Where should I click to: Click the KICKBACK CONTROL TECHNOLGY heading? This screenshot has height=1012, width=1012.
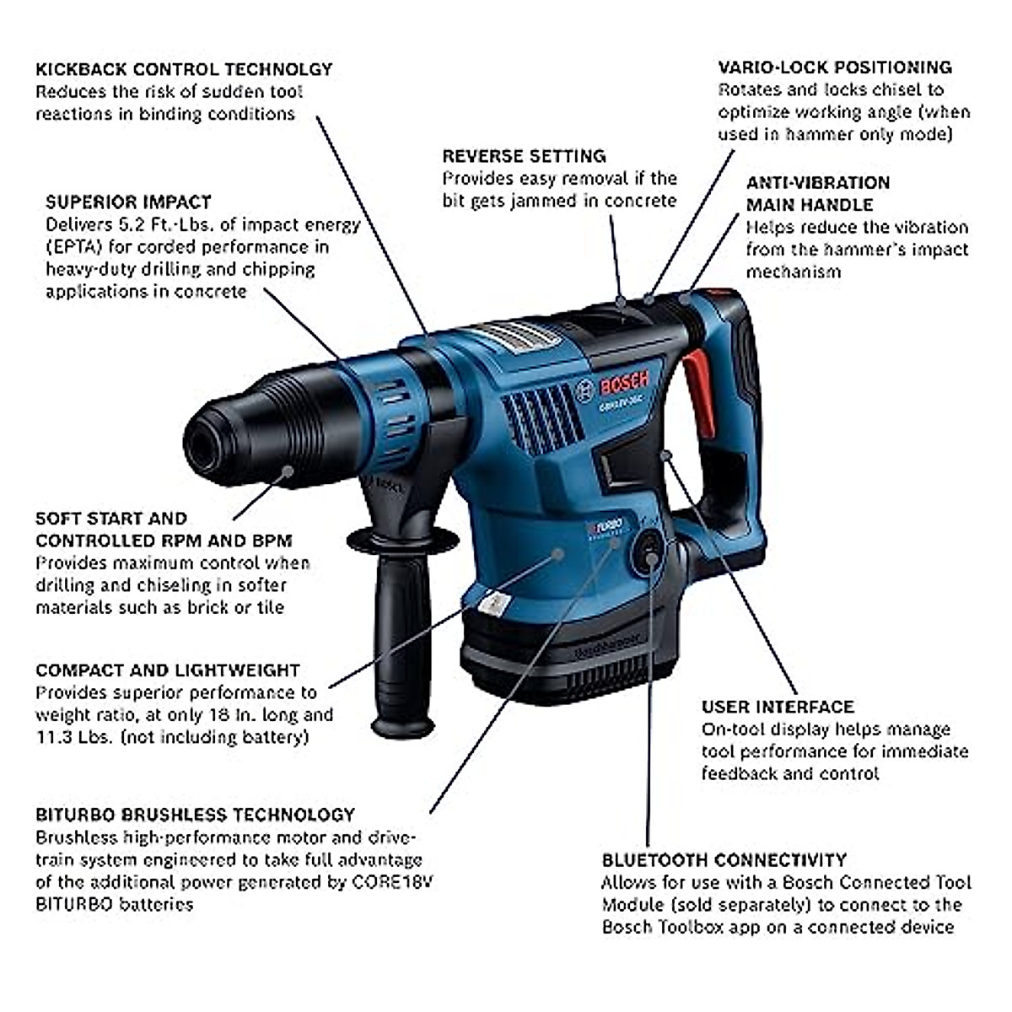[184, 69]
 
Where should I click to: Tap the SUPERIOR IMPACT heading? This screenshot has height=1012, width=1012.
[128, 202]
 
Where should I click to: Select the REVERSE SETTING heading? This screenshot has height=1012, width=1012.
[524, 156]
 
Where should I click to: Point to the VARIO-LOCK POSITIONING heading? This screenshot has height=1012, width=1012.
[834, 67]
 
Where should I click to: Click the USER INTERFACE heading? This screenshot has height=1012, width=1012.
[778, 707]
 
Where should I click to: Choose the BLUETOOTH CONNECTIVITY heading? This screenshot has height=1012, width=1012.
[724, 860]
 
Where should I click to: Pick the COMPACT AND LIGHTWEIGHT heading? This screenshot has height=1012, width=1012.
[168, 670]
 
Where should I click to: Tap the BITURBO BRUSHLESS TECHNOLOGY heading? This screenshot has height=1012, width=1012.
[195, 815]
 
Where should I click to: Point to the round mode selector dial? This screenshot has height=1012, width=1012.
[649, 552]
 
